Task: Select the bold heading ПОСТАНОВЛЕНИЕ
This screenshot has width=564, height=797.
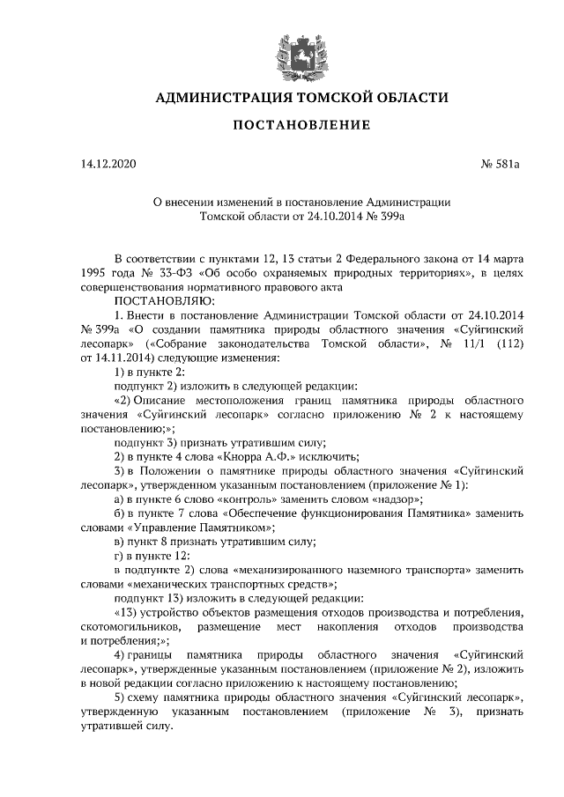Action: click(x=281, y=126)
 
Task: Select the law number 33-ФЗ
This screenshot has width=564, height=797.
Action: click(x=165, y=273)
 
